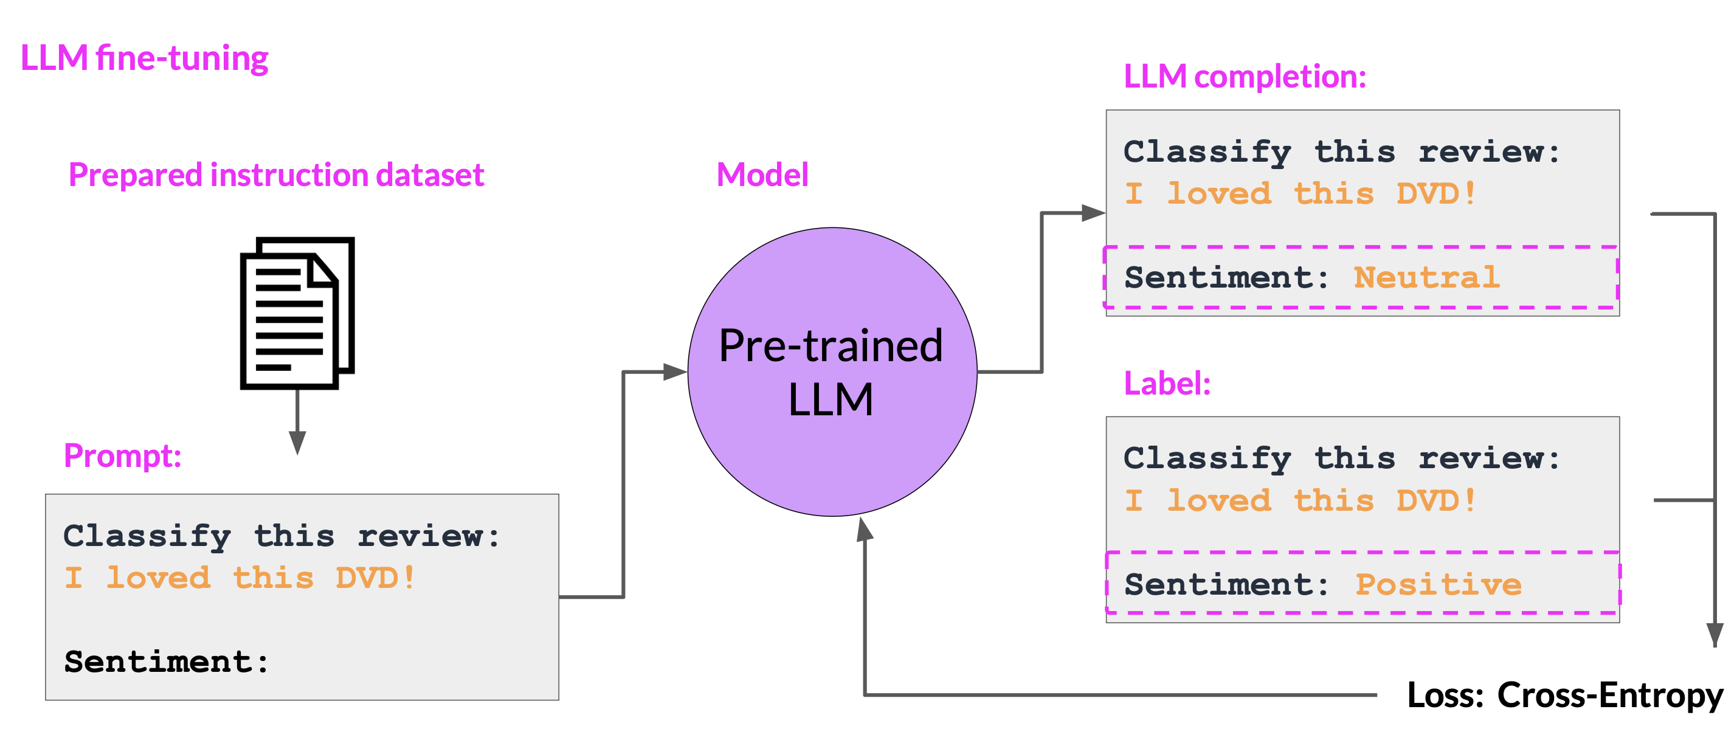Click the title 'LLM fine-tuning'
144,58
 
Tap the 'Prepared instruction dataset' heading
276,175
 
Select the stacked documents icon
297,313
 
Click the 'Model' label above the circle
762,175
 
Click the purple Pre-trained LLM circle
832,372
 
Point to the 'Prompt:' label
123,455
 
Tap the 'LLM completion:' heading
1245,77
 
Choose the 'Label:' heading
1167,384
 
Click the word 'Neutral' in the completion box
1426,277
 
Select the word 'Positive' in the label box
1438,584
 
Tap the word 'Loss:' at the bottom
1445,695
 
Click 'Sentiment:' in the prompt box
166,662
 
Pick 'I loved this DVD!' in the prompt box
240,578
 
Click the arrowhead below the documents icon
297,443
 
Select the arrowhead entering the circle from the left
675,371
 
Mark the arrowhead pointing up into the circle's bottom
865,530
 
